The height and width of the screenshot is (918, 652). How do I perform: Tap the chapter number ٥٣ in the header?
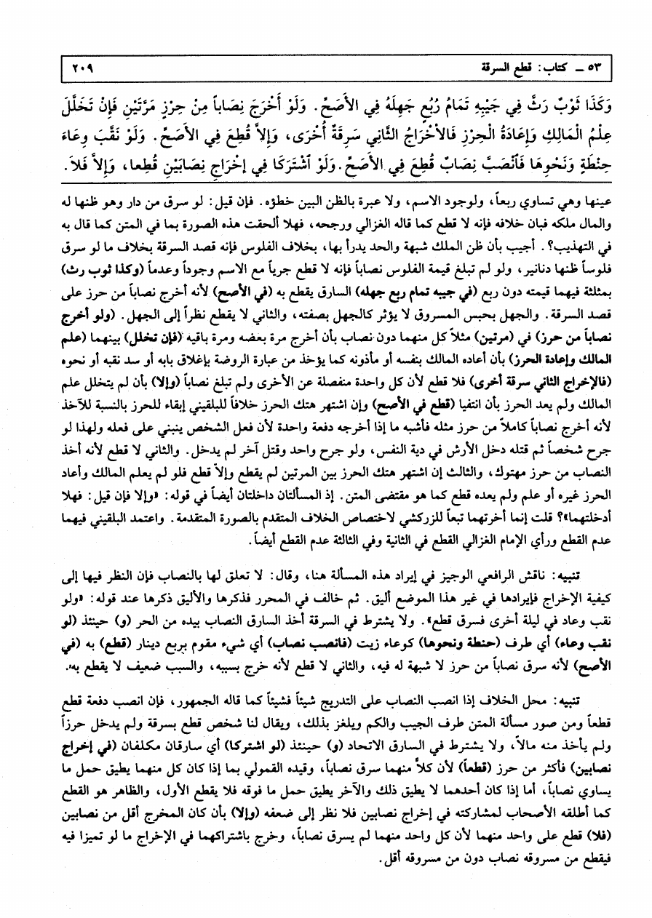point(594,69)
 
